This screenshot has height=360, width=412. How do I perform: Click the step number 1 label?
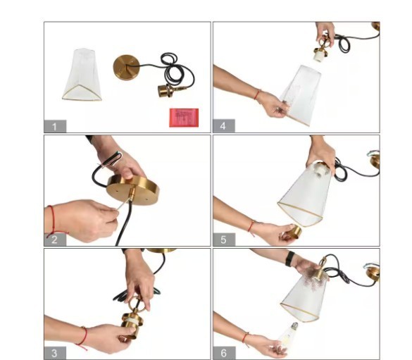pos(55,126)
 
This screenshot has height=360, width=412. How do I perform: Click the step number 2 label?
pos(55,240)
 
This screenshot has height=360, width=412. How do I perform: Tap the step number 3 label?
pos(55,353)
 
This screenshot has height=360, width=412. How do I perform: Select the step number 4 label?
pos(223,126)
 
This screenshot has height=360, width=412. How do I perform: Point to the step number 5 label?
pos(223,240)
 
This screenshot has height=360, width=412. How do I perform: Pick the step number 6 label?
pos(223,353)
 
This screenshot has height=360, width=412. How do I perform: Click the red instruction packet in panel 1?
pos(184,118)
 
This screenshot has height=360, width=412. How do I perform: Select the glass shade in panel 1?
pos(82,75)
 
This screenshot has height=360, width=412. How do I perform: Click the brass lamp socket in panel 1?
pos(166,91)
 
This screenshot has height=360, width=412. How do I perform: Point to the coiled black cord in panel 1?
pos(174,68)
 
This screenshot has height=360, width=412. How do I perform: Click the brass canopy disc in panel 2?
pos(133,190)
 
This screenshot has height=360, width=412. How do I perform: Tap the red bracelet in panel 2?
pos(53,221)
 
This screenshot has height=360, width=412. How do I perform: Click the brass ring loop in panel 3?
pos(135,303)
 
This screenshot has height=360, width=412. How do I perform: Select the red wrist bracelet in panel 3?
pos(83,338)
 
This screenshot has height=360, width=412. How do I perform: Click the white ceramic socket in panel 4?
pos(319,56)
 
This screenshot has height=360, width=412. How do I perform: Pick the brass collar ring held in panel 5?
pos(293,232)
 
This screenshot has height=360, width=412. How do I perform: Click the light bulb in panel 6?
pos(288,335)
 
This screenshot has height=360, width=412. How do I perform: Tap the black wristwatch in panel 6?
pos(289,259)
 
